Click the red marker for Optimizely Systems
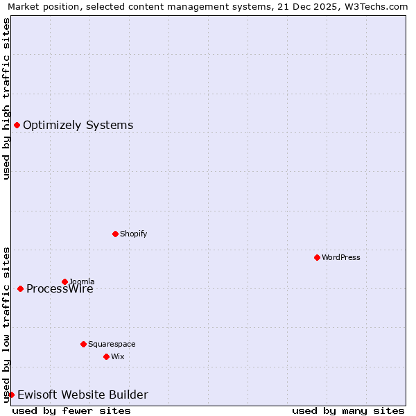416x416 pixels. (17, 125)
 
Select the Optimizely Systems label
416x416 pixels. (78, 125)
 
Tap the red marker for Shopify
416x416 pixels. (115, 234)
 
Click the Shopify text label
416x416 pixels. (133, 234)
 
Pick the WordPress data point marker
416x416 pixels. (317, 257)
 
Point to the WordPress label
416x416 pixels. (340, 258)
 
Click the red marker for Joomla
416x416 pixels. (64, 281)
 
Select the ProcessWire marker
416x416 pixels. (20, 288)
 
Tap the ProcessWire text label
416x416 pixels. (60, 289)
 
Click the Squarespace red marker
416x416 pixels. (83, 344)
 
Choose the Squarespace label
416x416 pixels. (112, 345)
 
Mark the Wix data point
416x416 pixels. (106, 356)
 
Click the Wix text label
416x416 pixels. (117, 357)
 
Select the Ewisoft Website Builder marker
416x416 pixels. (11, 395)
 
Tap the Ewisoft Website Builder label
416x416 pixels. (83, 395)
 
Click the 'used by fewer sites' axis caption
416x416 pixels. (71, 411)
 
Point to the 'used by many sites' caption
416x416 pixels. (348, 411)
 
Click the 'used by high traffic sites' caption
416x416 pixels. (6, 98)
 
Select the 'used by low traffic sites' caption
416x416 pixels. (6, 324)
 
